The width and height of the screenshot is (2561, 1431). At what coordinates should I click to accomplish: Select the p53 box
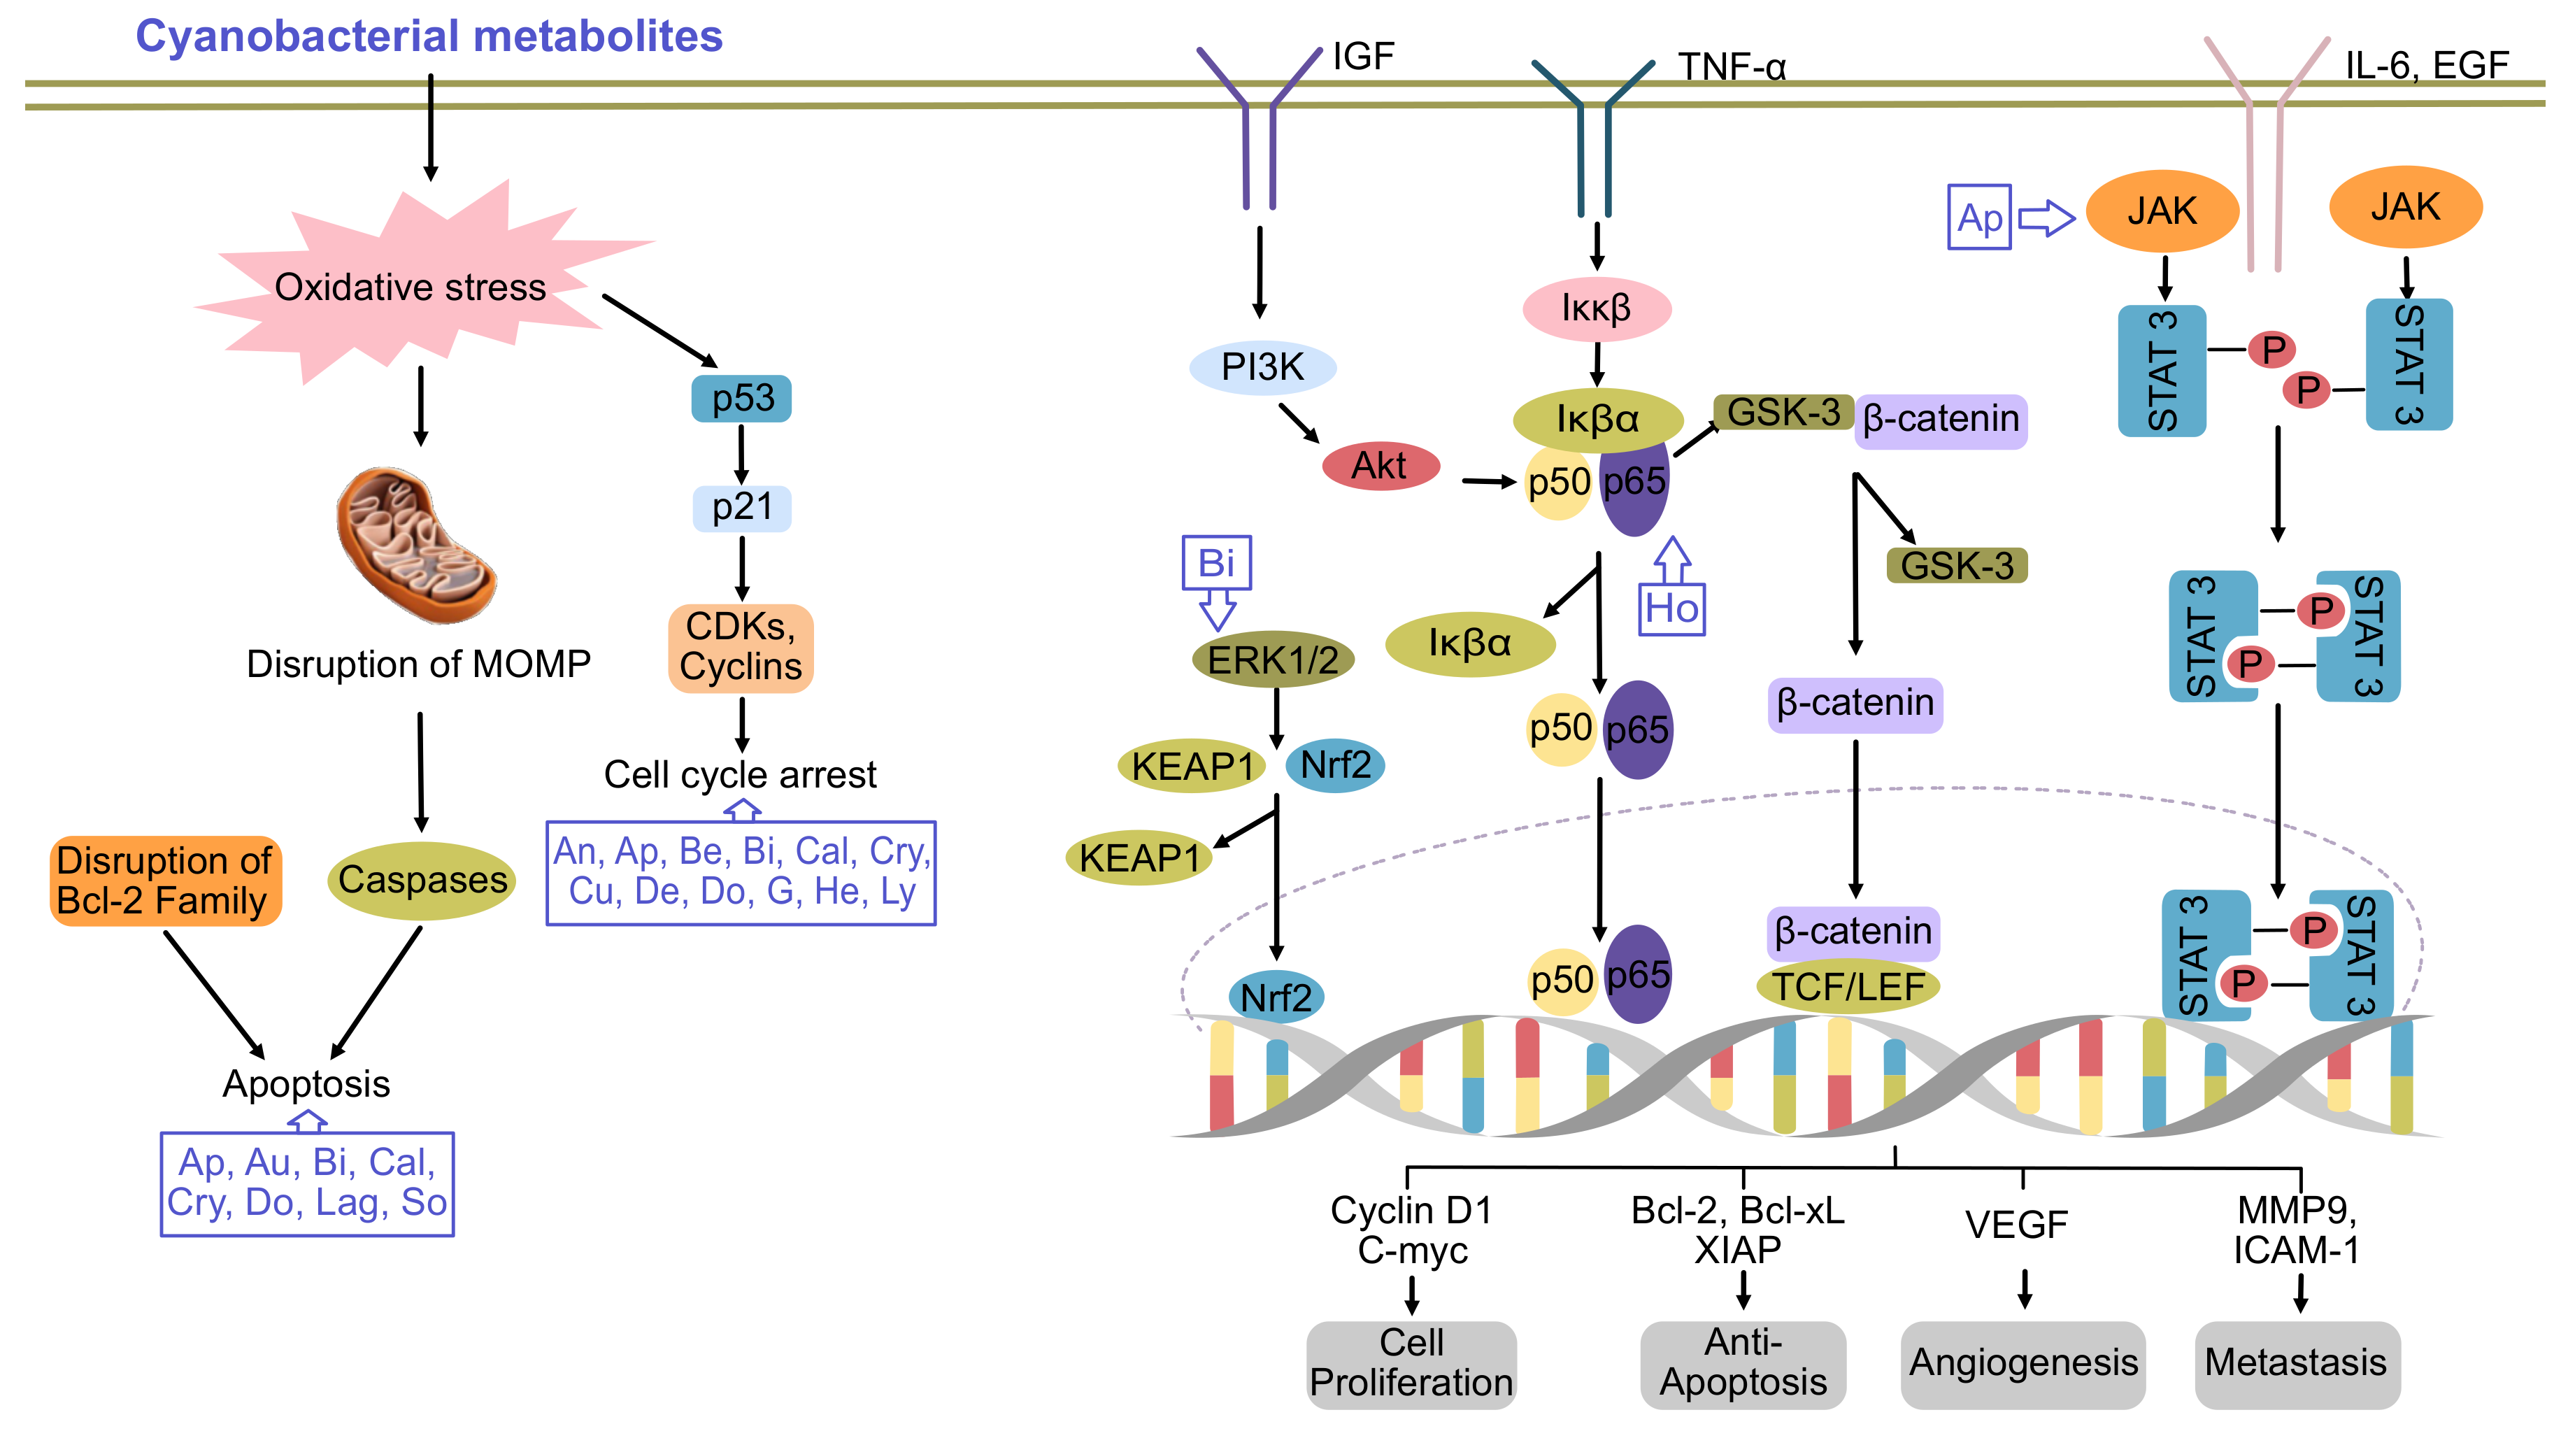pos(742,398)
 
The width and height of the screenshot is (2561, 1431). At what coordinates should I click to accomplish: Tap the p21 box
pos(742,507)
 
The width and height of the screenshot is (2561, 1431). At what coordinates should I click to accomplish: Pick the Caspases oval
pos(422,880)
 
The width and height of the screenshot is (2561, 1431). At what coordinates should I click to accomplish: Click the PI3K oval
pos(1262,367)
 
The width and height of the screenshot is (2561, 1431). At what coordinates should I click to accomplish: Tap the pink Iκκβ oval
pos(1596,308)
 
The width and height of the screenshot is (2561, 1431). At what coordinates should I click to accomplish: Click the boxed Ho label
pos(1671,608)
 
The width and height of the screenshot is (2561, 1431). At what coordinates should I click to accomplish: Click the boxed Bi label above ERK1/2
pos(1216,563)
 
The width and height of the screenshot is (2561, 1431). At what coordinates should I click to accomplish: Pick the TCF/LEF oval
pos(1847,986)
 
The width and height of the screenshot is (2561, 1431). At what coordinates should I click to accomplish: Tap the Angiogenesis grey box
pos(2023,1363)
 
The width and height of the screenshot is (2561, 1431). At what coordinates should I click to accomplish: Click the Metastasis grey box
pos(2297,1363)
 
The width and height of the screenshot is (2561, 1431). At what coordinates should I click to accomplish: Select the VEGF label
pos(2016,1224)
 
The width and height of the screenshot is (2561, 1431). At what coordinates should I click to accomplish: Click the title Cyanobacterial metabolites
pos(429,37)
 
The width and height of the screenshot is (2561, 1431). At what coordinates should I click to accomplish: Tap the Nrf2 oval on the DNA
pos(1276,997)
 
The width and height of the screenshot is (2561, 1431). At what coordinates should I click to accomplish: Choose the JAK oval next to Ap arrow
pos(2162,211)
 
